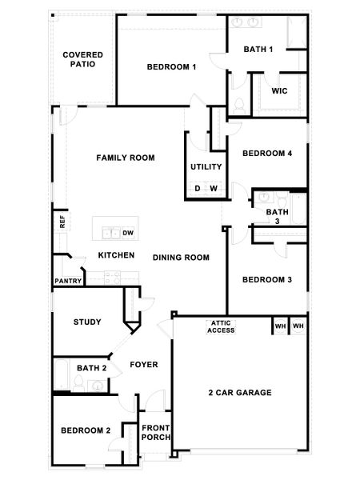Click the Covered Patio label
(x=83, y=59)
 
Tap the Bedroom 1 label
(x=171, y=67)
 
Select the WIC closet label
(x=279, y=91)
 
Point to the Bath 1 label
(x=258, y=50)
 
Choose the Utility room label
(x=206, y=167)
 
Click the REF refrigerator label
(x=61, y=222)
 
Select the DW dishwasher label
(x=127, y=234)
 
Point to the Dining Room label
(x=181, y=258)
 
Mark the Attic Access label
(x=222, y=326)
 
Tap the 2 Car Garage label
(x=240, y=393)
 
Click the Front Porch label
(x=155, y=433)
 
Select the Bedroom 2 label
(x=86, y=430)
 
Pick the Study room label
(x=86, y=322)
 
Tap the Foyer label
(x=144, y=365)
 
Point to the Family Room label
(x=126, y=158)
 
